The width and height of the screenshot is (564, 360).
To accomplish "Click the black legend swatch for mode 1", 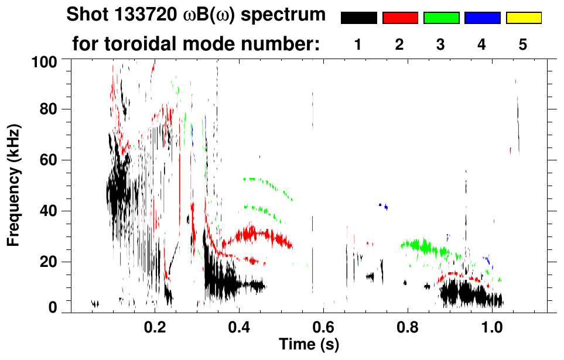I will point(358,18).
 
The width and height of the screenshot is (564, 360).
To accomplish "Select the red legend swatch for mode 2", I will point(400,18).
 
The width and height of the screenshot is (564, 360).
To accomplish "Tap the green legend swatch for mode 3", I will point(441,18).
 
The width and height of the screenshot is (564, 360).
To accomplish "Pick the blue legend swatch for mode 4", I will point(482,18).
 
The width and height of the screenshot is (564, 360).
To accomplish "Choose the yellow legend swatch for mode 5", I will point(523,18).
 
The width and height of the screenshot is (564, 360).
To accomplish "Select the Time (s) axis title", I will point(308,344).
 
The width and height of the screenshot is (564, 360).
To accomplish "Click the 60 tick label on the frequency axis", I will point(49,160).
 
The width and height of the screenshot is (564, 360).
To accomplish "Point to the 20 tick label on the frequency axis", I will point(49,262).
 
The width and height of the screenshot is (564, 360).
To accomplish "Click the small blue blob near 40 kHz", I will point(384,205).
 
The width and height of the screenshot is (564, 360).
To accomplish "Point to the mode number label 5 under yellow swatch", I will point(523,45).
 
